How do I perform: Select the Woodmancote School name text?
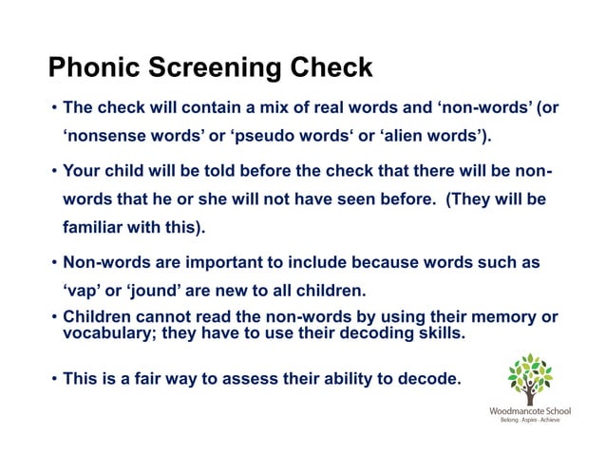pos(529,411)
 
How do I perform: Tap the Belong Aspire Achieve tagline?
pos(529,422)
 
